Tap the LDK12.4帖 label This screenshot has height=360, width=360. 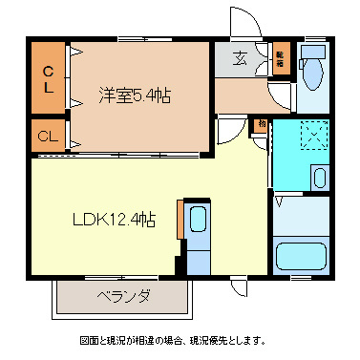click(x=115, y=221)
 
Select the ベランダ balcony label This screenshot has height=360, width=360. click(x=123, y=296)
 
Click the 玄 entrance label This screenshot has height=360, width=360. click(x=238, y=57)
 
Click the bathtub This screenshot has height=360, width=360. click(x=301, y=256)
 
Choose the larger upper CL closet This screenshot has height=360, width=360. click(x=50, y=78)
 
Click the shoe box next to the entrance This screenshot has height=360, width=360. click(x=280, y=57)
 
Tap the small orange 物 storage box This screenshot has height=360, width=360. click(x=261, y=125)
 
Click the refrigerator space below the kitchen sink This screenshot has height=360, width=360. click(x=199, y=258)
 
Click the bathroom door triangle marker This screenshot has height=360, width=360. click(x=279, y=202)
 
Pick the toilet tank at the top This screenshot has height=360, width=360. click(x=311, y=50)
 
